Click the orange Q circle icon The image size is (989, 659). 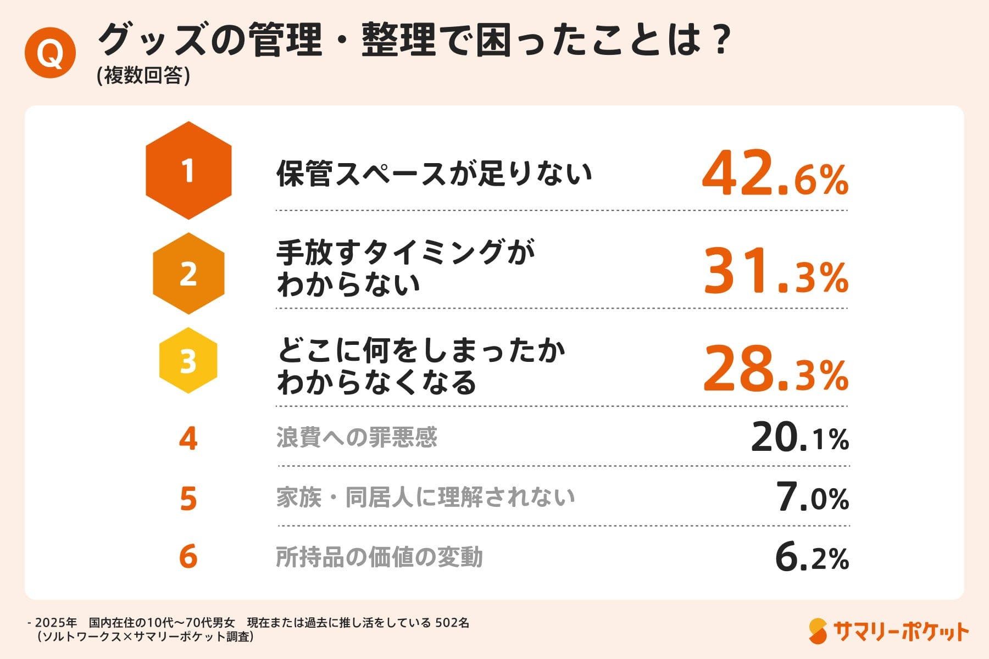(x=50, y=53)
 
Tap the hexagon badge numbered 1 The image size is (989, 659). (x=188, y=171)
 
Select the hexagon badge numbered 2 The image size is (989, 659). (x=188, y=273)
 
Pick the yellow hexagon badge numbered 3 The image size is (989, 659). (x=188, y=361)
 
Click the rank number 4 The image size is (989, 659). (x=188, y=439)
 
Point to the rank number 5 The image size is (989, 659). (x=188, y=499)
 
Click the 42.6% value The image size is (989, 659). (x=775, y=174)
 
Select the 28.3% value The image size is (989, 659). (x=775, y=370)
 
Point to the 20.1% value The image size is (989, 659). (x=799, y=438)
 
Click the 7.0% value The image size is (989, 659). (x=813, y=497)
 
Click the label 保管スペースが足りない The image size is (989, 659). (x=434, y=174)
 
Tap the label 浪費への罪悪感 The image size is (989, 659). (x=357, y=438)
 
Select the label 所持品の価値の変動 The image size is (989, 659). (x=379, y=557)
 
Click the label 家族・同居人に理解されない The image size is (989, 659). (x=425, y=497)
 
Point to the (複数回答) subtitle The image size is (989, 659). (x=143, y=76)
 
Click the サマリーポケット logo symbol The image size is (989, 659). (x=818, y=631)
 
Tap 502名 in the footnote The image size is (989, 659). (x=452, y=623)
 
